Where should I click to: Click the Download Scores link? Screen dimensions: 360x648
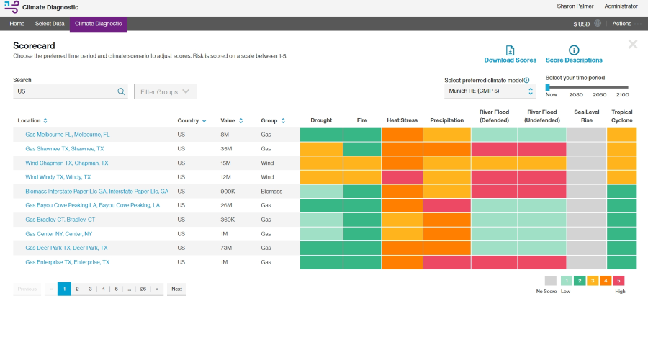point(510,60)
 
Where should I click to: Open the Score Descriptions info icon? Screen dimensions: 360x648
point(574,50)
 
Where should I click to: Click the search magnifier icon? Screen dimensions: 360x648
point(122,91)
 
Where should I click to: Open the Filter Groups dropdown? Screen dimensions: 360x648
point(166,91)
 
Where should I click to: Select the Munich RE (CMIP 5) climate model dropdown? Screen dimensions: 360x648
point(490,91)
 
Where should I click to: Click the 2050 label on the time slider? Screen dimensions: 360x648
point(599,94)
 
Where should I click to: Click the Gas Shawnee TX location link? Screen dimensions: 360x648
point(64,148)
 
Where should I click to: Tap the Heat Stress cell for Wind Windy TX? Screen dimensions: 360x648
point(402,177)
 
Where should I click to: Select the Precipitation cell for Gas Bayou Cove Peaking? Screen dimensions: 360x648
point(446,205)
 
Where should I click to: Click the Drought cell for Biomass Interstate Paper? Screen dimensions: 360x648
point(321,192)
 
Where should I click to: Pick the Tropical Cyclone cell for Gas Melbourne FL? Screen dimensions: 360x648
point(621,135)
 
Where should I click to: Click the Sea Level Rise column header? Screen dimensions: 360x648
point(586,116)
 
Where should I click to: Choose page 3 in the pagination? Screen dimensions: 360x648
point(90,289)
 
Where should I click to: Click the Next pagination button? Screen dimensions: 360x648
point(176,289)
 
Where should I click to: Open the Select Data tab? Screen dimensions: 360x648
point(50,24)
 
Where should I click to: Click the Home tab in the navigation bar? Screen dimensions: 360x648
point(17,24)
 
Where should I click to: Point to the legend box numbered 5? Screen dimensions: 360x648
point(618,281)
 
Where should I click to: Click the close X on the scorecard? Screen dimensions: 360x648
point(632,45)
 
